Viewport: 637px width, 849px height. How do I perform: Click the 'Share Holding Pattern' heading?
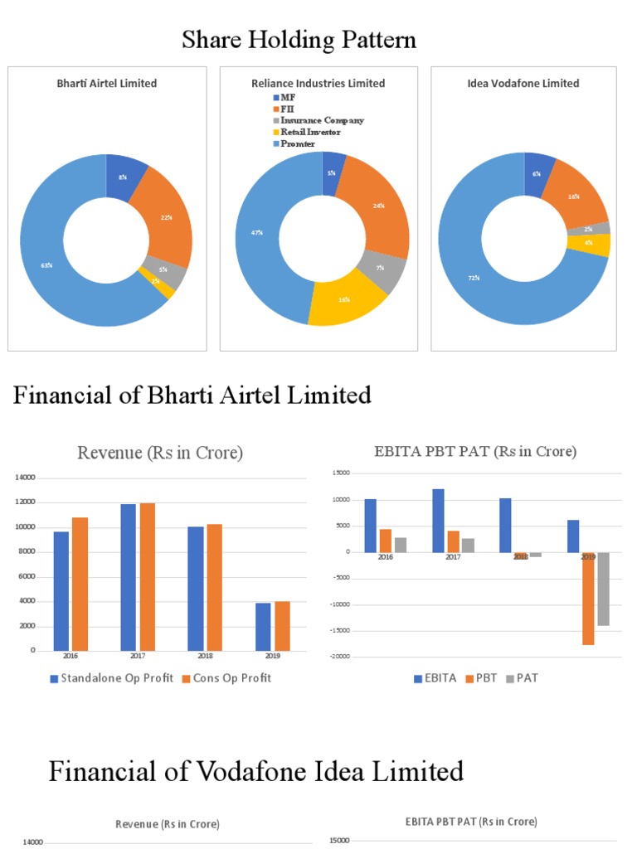pos(299,39)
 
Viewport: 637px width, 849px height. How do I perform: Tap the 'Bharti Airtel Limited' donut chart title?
pos(106,83)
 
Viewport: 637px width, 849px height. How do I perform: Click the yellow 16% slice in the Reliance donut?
pos(344,299)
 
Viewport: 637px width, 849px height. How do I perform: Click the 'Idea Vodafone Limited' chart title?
pos(523,83)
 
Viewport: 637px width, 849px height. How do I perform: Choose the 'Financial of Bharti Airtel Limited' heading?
pos(192,395)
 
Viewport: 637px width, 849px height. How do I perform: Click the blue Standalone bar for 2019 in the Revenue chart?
pos(263,627)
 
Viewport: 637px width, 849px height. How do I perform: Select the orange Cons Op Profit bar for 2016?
pos(80,584)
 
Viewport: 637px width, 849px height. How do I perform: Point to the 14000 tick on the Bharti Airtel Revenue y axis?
pos(26,478)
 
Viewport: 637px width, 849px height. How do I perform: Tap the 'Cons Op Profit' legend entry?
pos(231,678)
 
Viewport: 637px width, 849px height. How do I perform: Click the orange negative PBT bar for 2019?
pos(588,599)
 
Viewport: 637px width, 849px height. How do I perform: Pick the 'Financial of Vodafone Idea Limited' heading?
pos(255,772)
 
